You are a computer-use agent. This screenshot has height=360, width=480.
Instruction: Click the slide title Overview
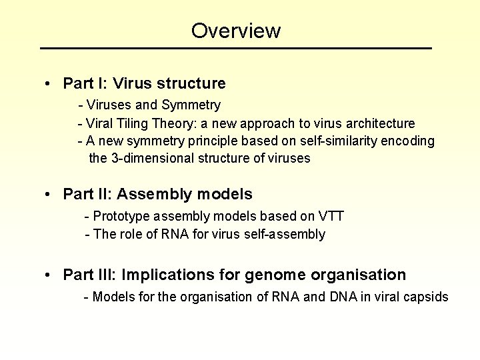pyautogui.click(x=236, y=31)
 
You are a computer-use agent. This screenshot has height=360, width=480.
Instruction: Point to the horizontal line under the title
pyautogui.click(x=236, y=49)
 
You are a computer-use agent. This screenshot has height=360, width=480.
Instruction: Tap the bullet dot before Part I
pyautogui.click(x=49, y=84)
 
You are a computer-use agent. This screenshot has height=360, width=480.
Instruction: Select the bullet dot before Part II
pyautogui.click(x=49, y=195)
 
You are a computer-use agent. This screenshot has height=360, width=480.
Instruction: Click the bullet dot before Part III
pyautogui.click(x=49, y=275)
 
